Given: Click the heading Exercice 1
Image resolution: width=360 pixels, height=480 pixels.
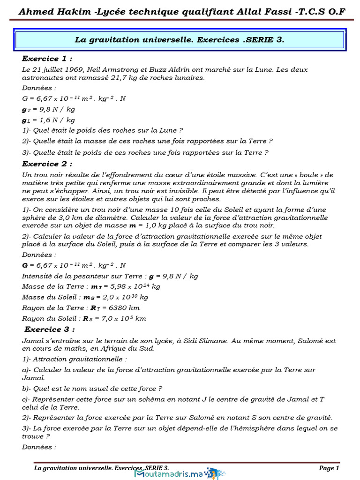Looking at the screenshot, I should click(47, 59).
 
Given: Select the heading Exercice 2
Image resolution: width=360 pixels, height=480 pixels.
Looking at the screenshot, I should click(47, 164).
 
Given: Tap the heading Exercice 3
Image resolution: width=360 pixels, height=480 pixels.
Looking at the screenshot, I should click(50, 329).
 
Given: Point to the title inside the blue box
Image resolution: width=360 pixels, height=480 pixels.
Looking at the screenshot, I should click(180, 40).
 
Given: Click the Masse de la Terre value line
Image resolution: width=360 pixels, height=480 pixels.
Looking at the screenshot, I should click(91, 286).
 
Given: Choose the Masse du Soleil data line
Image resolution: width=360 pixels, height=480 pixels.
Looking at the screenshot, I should click(85, 297).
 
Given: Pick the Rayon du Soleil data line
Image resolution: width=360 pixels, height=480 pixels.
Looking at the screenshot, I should click(84, 319).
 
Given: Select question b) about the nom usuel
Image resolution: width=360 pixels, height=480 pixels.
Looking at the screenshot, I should click(92, 389).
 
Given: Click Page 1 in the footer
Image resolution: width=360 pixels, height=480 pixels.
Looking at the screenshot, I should click(329, 468).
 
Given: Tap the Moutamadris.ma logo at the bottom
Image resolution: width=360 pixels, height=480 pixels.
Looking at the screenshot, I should click(176, 473).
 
